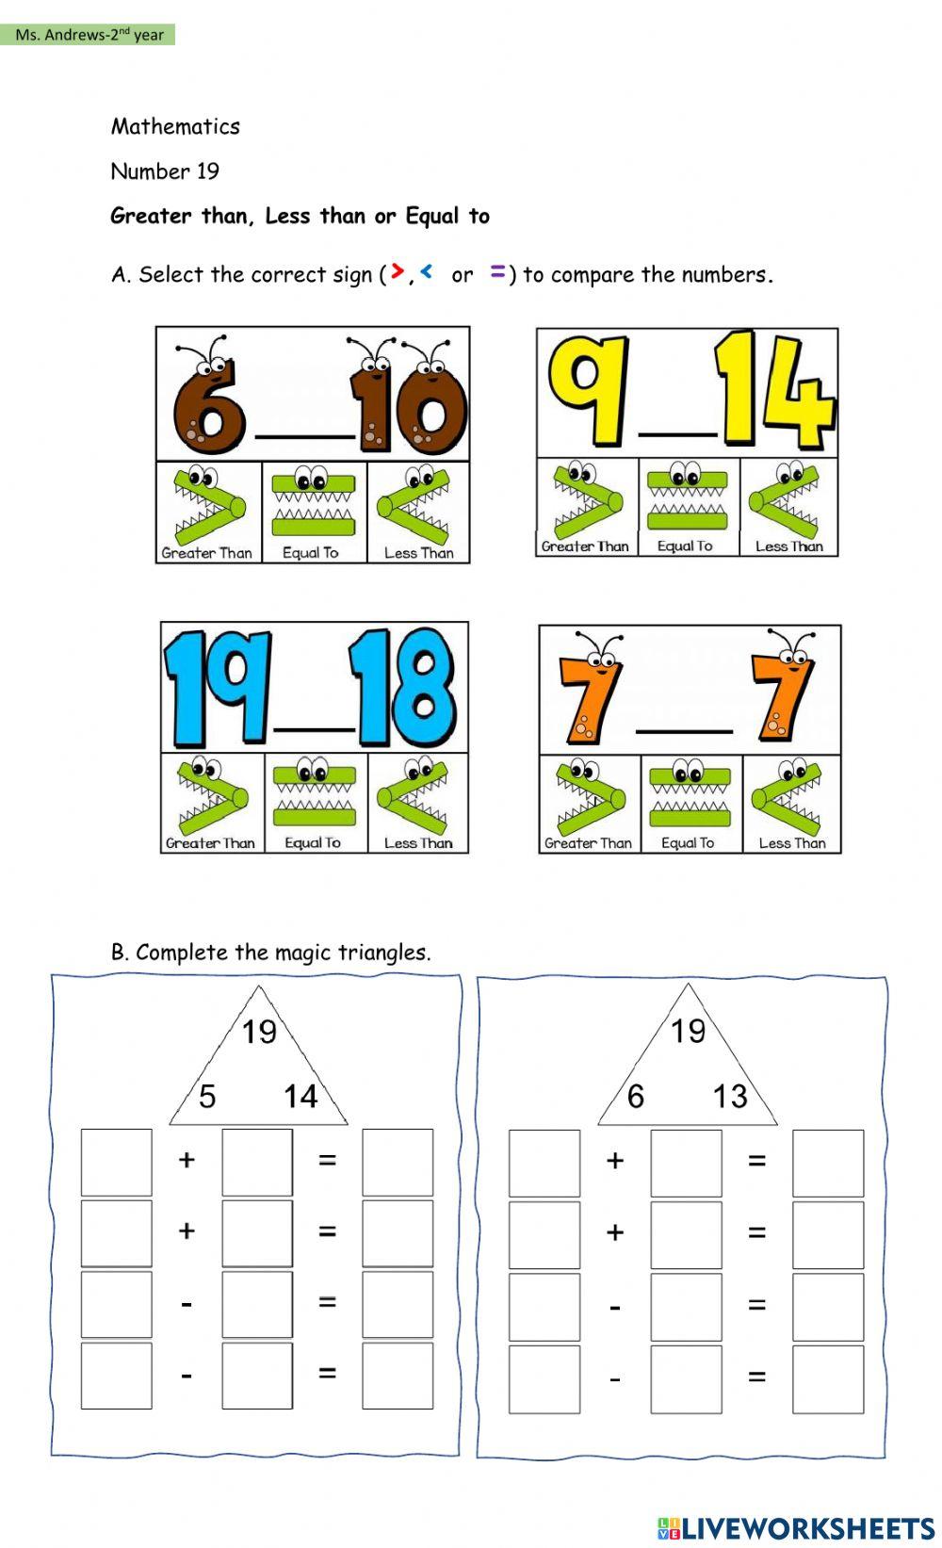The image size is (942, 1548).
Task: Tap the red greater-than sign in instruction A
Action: coord(398,272)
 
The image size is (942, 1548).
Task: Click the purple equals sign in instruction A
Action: coord(497,272)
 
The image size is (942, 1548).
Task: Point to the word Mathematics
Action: coord(175,126)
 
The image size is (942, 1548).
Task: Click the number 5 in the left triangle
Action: coord(207,1096)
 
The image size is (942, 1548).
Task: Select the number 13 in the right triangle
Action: coord(730,1096)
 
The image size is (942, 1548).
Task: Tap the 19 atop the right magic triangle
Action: coord(688,1031)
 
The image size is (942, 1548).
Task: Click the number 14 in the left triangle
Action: coord(300,1096)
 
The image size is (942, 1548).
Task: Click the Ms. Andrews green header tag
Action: coord(89,35)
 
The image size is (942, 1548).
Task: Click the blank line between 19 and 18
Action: coord(314,728)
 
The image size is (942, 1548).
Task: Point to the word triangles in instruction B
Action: coord(383,953)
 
